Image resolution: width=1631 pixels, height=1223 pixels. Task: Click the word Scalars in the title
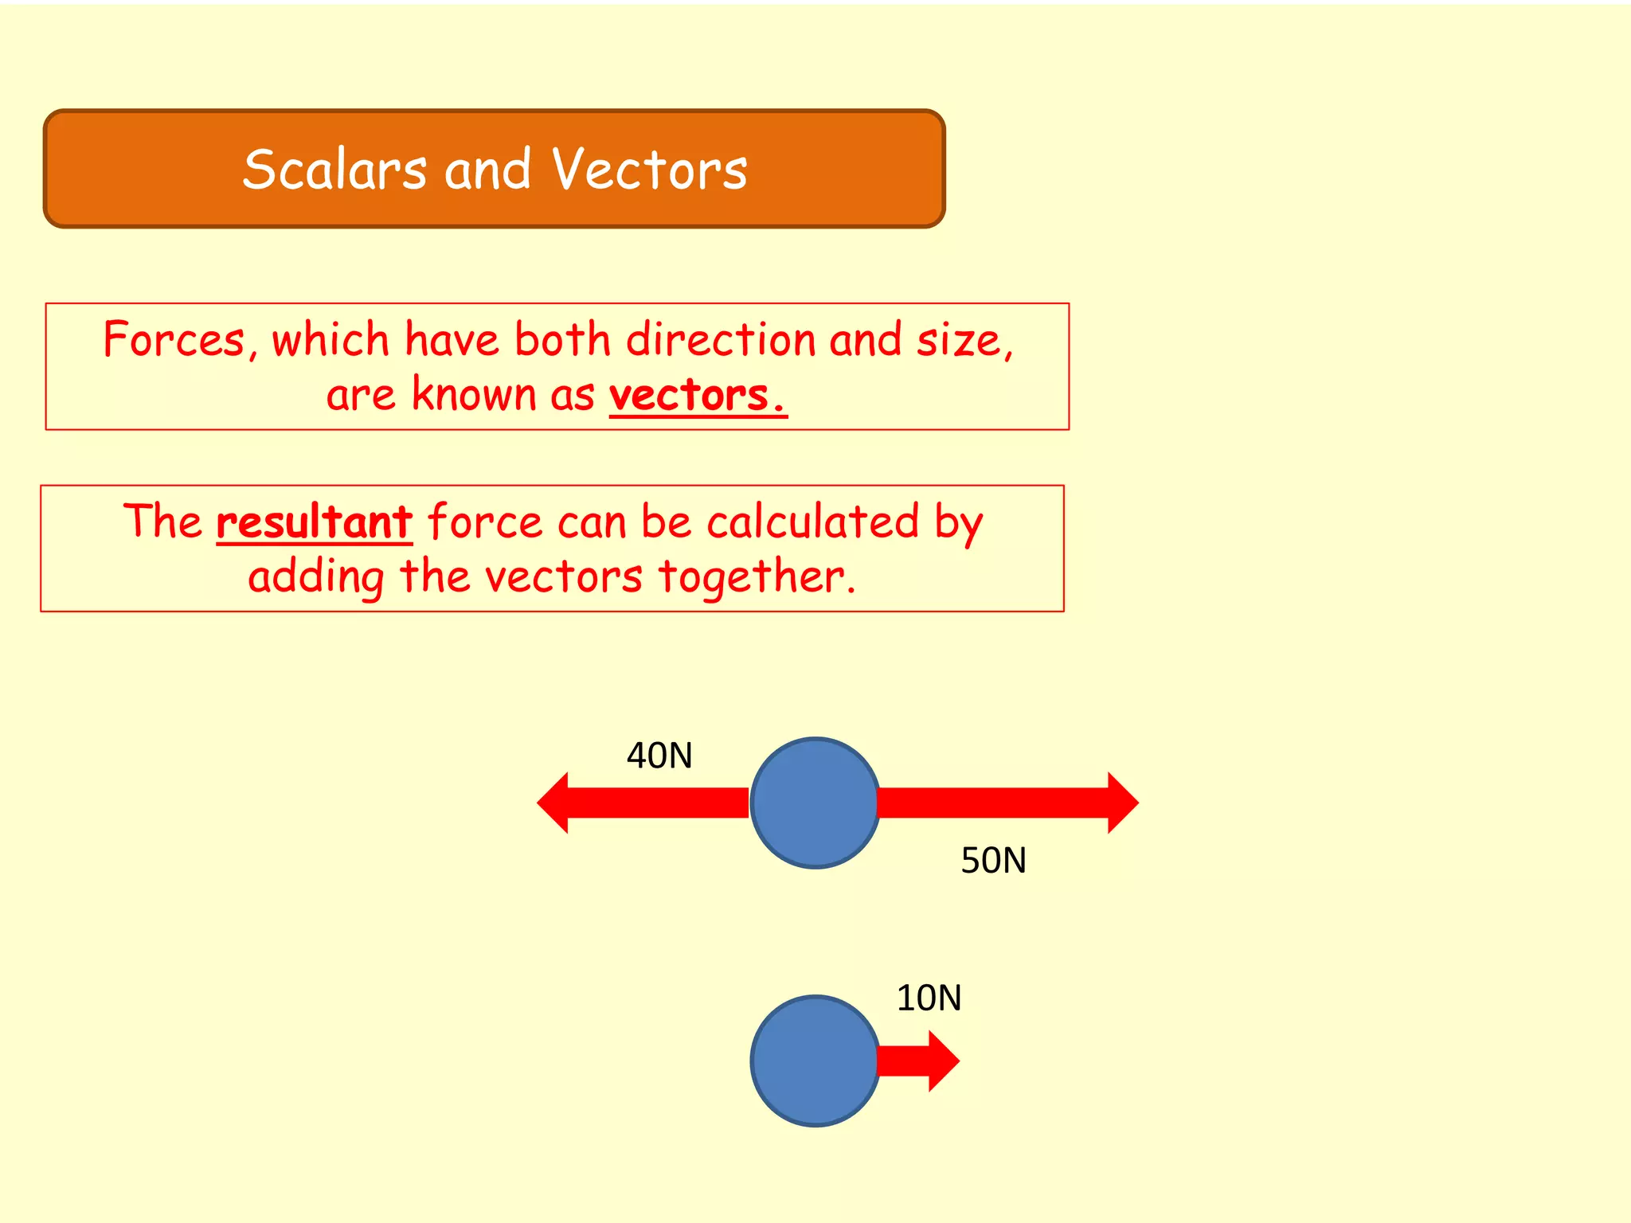[334, 170]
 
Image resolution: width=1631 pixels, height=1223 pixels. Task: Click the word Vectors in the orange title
[649, 170]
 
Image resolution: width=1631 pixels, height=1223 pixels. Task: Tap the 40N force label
[659, 756]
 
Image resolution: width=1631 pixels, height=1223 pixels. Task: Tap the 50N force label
[993, 861]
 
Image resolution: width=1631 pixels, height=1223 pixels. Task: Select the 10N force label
[929, 998]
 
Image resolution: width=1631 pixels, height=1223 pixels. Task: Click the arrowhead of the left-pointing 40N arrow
[553, 803]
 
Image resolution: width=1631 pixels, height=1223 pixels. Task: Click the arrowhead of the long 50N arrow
[1123, 803]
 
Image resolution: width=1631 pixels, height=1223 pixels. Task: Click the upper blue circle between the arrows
[815, 803]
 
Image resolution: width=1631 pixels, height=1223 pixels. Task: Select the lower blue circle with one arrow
[815, 1061]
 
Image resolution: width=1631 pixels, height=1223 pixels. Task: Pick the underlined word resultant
[314, 522]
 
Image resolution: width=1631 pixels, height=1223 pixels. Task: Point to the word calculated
[812, 522]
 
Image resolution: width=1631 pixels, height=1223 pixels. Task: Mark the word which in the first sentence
[330, 340]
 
